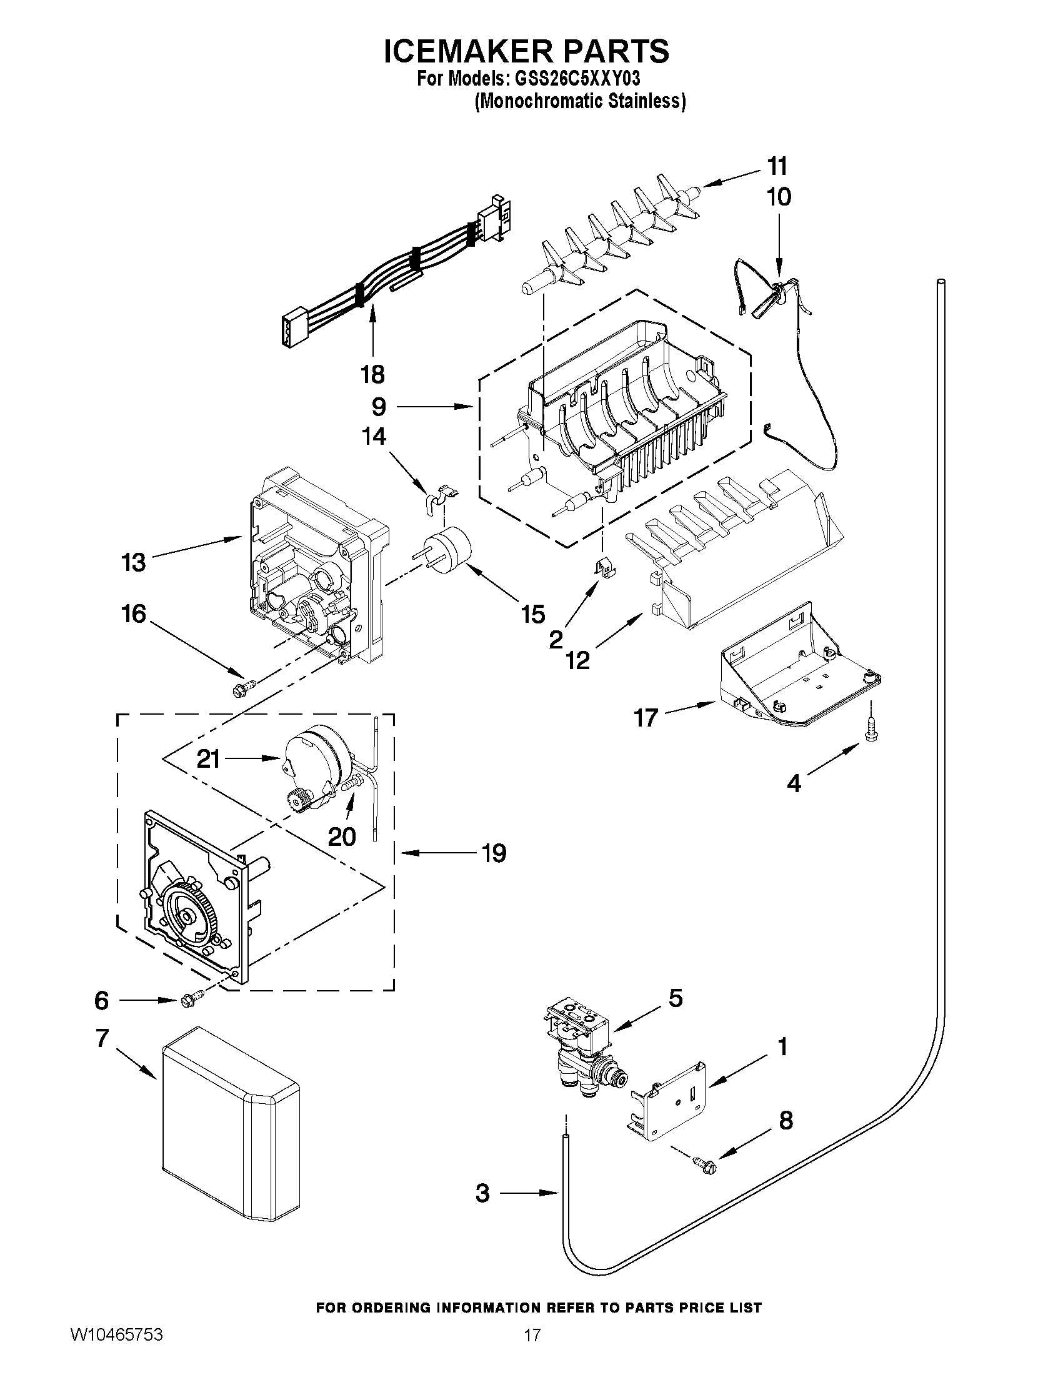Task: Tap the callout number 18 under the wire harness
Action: (x=372, y=375)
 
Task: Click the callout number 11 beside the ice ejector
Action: (x=777, y=167)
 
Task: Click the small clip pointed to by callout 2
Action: (x=604, y=565)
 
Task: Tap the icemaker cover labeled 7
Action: (x=230, y=1127)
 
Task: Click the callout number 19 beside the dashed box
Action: (x=494, y=853)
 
